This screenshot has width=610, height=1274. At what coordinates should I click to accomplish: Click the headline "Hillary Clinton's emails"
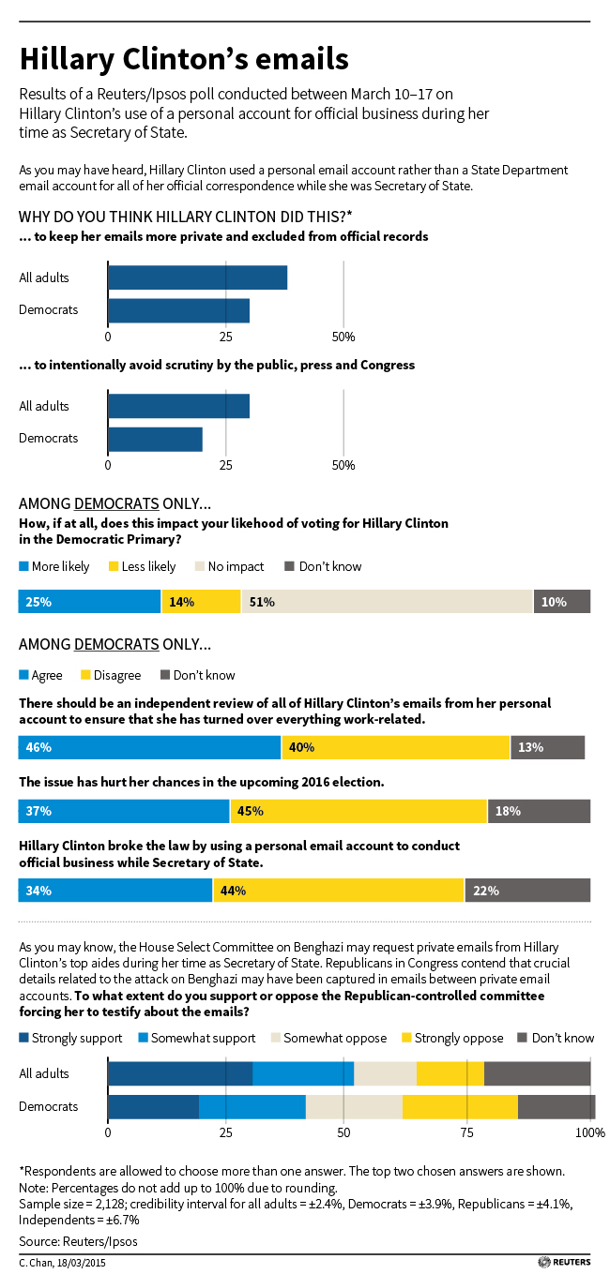(x=184, y=59)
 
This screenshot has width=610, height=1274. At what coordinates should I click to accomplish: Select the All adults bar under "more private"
(x=197, y=277)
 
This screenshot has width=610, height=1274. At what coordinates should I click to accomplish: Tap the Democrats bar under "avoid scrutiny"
(x=155, y=439)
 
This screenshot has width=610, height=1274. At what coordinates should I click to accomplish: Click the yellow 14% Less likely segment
(x=201, y=602)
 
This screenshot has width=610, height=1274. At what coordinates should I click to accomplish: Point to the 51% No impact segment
(x=387, y=602)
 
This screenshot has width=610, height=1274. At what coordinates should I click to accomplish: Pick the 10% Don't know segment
(x=561, y=602)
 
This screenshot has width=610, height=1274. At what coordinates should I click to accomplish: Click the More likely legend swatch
(x=24, y=566)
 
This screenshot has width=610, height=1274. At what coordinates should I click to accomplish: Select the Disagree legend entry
(x=112, y=675)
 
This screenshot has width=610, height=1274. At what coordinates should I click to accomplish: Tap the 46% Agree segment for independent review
(x=149, y=747)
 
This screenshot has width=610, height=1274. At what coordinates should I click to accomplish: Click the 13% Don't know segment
(x=547, y=747)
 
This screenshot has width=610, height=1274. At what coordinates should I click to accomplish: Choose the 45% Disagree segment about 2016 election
(x=358, y=811)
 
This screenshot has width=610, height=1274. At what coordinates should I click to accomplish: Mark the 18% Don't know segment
(x=539, y=811)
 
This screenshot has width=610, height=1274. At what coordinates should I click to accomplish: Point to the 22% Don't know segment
(x=526, y=890)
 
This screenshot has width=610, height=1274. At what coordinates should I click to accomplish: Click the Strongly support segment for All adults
(x=180, y=1073)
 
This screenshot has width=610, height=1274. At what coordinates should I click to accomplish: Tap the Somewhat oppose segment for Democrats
(x=354, y=1106)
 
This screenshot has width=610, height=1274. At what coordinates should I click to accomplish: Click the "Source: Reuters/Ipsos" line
(x=71, y=1240)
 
